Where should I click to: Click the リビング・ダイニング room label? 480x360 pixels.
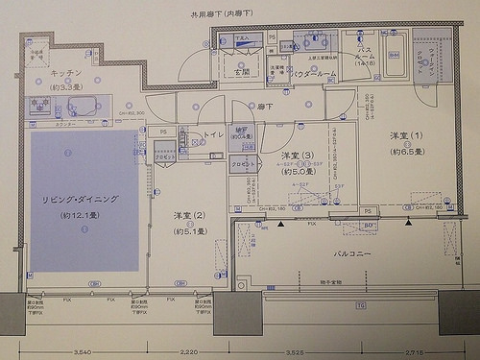pos(80,199)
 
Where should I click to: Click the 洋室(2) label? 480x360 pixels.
pos(189,216)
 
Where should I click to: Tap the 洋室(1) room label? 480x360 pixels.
pos(406,135)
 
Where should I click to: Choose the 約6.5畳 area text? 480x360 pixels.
pos(406,152)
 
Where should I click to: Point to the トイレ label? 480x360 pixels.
pos(213,135)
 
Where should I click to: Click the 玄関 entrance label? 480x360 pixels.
pos(239,71)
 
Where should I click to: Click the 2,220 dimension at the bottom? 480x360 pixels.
pos(189,352)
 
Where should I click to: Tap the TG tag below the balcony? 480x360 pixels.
pos(361,305)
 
